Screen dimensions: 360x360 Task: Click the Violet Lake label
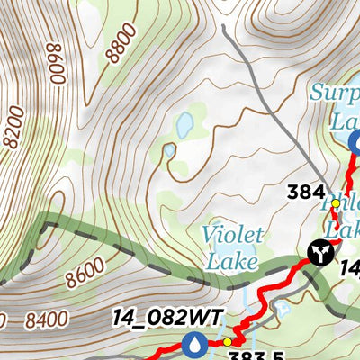click(232, 248)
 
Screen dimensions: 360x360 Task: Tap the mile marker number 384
click(306, 191)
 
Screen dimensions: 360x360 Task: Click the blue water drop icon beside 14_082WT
click(193, 343)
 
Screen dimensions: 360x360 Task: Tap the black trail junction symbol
click(319, 253)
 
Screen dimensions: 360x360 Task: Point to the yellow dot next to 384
click(336, 203)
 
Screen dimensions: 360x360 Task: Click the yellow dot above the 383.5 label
click(228, 342)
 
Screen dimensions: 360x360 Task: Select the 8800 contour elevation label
click(121, 42)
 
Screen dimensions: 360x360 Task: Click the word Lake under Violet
click(231, 263)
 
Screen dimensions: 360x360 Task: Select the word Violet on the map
click(233, 236)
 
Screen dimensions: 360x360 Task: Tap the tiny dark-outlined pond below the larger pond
click(169, 150)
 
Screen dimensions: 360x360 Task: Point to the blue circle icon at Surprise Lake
click(354, 141)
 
